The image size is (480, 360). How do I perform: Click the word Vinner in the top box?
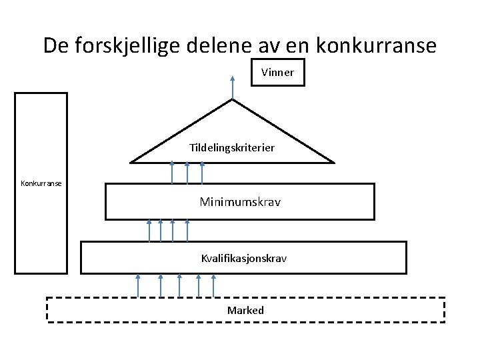coord(277,73)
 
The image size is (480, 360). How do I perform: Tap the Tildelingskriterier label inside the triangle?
coord(232,147)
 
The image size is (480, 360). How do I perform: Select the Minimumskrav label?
coord(240,201)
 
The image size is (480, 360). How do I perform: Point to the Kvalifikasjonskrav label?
coord(243,257)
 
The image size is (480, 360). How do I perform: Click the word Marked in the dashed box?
coord(245,310)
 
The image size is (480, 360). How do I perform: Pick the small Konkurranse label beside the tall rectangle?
coord(41,183)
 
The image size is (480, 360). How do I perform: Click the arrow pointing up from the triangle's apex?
coord(232,87)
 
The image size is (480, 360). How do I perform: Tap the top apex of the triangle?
coord(232,100)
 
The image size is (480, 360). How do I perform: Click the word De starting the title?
coord(56,45)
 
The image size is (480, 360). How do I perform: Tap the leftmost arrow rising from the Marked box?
coord(137,285)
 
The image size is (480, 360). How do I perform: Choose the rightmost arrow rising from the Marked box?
coord(213,285)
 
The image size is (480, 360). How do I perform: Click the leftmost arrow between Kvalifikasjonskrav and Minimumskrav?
coord(149,230)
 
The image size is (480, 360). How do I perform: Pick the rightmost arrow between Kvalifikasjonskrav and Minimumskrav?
coord(188,230)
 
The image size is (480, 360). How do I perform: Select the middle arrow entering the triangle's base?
coord(187,172)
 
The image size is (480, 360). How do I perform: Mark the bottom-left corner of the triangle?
coord(131,162)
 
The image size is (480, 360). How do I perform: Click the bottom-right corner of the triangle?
coord(333,162)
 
